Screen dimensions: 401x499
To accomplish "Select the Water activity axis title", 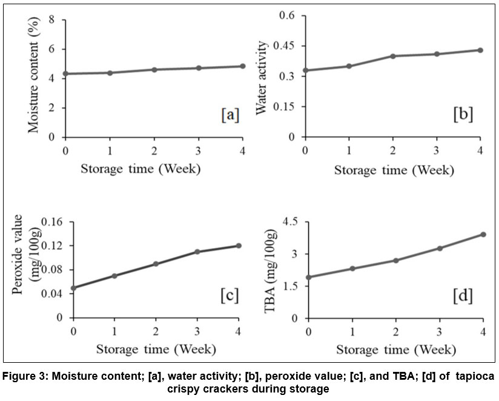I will pos(262,78).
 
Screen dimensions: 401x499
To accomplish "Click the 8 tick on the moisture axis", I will pos(60,19).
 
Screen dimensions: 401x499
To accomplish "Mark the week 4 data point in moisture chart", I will pos(242,66).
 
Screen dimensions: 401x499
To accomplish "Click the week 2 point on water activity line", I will pos(393,56).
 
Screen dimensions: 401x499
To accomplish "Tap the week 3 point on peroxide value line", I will pos(198,252).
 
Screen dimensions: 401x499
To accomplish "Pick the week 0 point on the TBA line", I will pos(308,277).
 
